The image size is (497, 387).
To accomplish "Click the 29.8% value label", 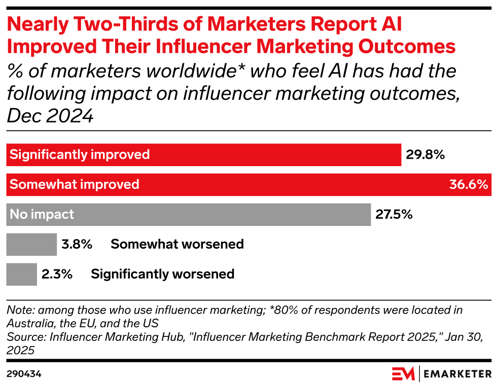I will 425,154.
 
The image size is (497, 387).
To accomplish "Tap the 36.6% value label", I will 469,184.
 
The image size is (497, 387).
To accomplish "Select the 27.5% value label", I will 394,214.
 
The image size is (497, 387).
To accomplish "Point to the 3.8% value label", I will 77,244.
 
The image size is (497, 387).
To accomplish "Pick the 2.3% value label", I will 57,274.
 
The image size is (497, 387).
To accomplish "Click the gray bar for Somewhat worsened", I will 31,244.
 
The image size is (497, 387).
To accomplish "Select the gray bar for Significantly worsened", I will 21,274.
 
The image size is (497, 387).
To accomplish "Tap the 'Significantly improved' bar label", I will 80,154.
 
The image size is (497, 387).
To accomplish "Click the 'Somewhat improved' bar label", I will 75,184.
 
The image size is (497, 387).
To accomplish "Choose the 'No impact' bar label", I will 42,214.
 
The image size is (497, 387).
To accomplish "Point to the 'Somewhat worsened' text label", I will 177,244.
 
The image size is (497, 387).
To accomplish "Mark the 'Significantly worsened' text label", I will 162,274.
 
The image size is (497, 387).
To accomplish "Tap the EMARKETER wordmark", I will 457,374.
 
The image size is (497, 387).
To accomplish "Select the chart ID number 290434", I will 24,374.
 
